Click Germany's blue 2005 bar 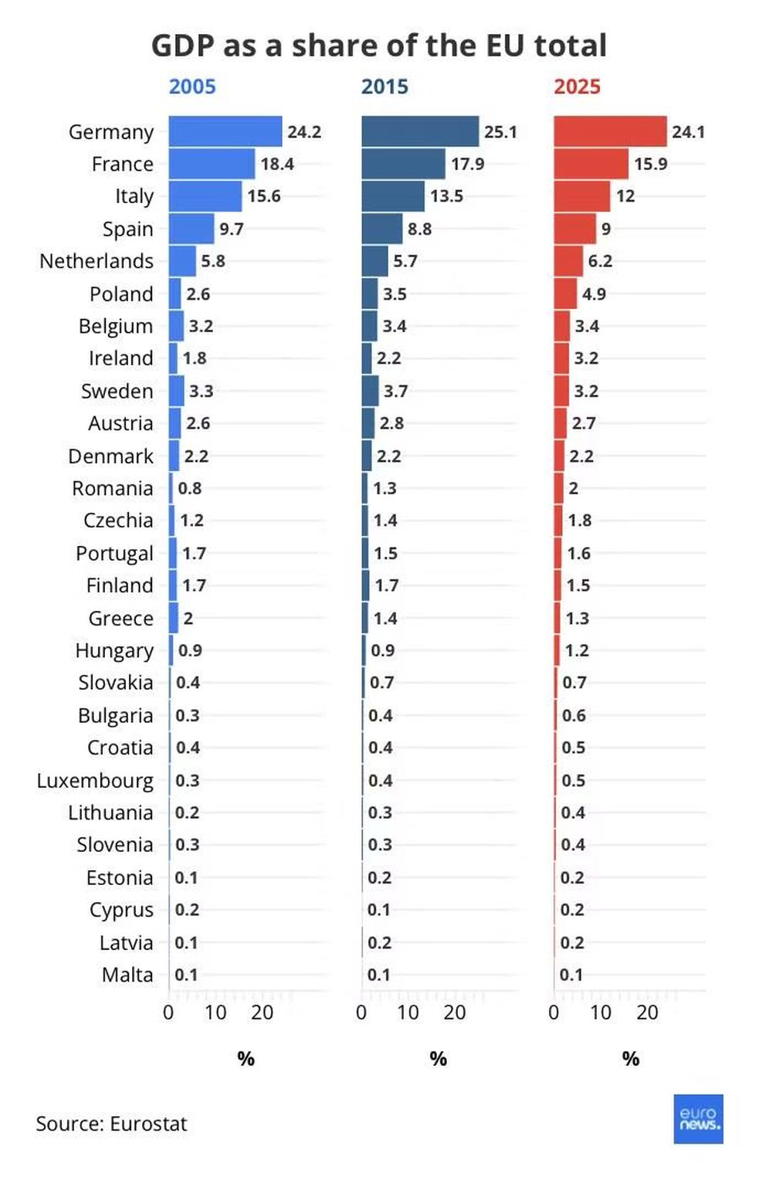225,131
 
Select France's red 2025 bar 591,164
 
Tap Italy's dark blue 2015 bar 393,196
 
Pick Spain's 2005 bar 191,229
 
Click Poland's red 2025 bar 565,293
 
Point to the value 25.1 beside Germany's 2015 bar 500,131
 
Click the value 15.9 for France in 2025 650,164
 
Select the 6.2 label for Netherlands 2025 600,261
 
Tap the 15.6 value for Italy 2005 264,196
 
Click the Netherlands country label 96,261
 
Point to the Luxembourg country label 95,781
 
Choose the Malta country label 127,975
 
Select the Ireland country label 120,358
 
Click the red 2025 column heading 577,86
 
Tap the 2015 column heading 384,86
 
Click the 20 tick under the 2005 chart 262,1012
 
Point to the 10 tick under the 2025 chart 601,1012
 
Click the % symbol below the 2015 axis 438,1059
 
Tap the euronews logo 698,1118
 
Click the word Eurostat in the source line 148,1124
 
